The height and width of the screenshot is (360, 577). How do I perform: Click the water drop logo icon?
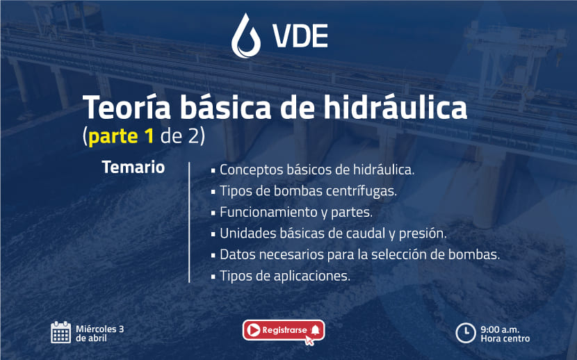(x=246, y=36)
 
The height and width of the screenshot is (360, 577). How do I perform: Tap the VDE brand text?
(x=300, y=36)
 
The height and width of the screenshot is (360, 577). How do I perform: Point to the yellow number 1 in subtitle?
(x=149, y=136)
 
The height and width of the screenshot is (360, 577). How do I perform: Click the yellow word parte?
(x=113, y=138)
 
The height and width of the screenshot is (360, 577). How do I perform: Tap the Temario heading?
(x=133, y=167)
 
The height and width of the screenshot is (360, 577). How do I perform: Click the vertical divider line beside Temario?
(x=189, y=222)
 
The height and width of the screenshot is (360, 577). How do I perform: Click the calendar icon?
(x=60, y=332)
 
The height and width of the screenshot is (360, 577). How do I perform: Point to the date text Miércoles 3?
(x=99, y=329)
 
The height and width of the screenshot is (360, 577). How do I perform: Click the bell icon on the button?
(x=315, y=330)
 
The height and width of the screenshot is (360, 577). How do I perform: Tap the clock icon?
(x=466, y=333)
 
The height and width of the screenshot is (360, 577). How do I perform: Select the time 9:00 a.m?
(x=500, y=329)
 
